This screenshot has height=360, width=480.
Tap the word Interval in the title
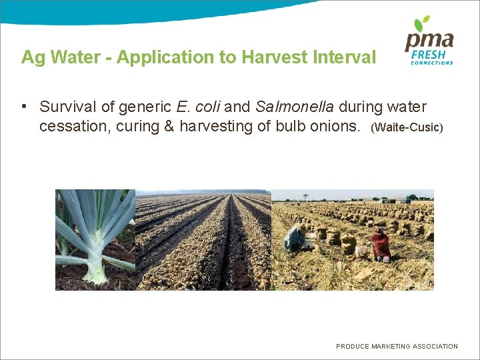(x=343, y=57)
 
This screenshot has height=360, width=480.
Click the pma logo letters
(x=429, y=42)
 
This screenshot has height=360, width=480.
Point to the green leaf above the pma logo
(x=422, y=24)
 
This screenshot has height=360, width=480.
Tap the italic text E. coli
(x=199, y=107)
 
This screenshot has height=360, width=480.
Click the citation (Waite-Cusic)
(x=406, y=127)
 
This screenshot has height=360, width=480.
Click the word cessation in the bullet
(x=74, y=125)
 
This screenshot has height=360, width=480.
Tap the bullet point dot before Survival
(x=23, y=107)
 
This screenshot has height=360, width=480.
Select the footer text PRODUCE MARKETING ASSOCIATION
(x=397, y=346)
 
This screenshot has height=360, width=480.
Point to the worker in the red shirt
(x=381, y=244)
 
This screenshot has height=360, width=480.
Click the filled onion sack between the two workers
(x=348, y=243)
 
